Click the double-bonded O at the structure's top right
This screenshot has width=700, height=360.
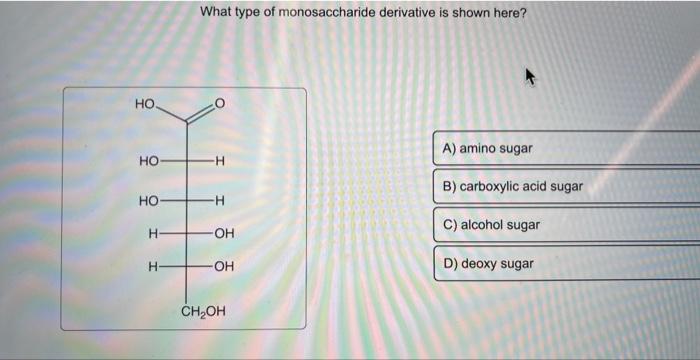pyautogui.click(x=221, y=103)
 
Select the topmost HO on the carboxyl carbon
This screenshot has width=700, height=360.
pyautogui.click(x=145, y=103)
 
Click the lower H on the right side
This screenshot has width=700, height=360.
pyautogui.click(x=220, y=200)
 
